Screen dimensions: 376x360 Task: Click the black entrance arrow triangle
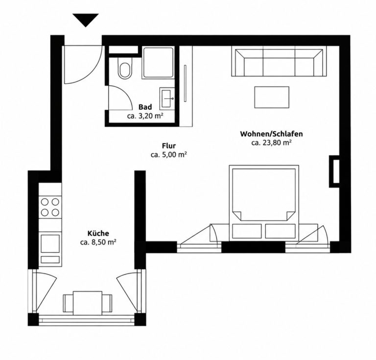point(86,20)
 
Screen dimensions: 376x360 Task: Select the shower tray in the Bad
point(158,63)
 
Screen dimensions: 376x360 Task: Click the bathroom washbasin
point(167,98)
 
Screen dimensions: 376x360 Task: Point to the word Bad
point(145,107)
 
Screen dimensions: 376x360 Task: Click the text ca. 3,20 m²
point(145,116)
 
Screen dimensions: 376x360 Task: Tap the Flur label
point(169,146)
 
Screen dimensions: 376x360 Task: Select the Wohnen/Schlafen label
point(271,134)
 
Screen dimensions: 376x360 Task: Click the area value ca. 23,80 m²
point(271,143)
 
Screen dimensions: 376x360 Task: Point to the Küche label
point(98,233)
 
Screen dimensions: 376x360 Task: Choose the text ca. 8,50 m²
point(98,242)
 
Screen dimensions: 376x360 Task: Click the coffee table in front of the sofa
point(272,97)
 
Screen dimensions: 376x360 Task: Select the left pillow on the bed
point(247,231)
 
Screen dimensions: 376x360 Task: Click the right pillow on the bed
point(281,231)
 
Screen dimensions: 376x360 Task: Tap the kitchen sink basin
point(50,243)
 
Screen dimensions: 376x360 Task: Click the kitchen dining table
point(88,303)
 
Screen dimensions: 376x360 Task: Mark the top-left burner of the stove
point(45,202)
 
